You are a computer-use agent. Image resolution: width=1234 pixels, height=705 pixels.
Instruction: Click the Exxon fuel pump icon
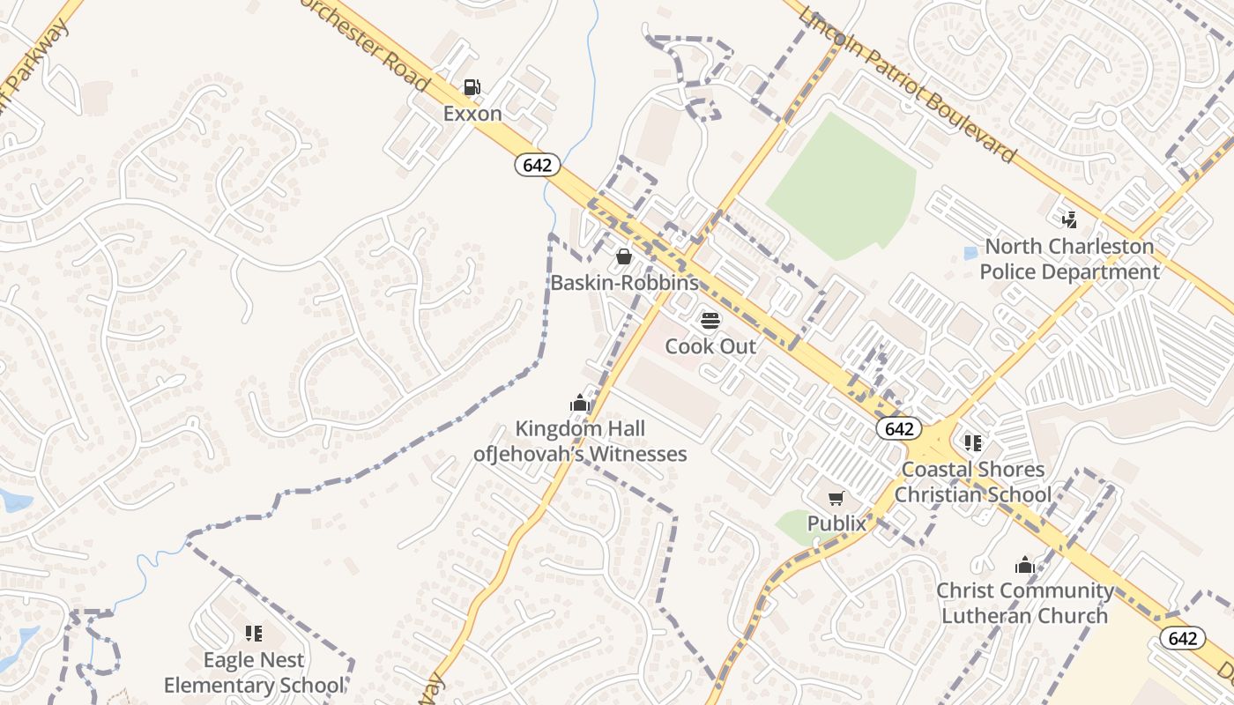coord(472,86)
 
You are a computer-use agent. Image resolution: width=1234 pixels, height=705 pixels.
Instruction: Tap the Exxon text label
coord(472,114)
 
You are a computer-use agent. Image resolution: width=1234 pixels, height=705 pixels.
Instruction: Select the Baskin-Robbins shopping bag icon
coord(624,256)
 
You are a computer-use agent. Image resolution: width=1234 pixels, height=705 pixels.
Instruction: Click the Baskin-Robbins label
coord(624,283)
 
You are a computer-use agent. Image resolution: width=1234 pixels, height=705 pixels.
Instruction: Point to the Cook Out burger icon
coord(710,320)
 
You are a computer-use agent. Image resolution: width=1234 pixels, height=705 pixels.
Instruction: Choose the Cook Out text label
coord(710,346)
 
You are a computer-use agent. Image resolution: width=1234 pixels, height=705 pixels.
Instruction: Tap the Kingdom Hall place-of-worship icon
coord(579,404)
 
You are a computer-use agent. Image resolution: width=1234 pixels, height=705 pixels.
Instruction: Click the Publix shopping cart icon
coord(836,499)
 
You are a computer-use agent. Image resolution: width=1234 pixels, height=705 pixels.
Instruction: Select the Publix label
coord(836,523)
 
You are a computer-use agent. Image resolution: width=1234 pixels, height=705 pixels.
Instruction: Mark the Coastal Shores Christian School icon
coord(973,442)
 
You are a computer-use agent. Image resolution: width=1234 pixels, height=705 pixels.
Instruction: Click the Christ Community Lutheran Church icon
coord(1024,565)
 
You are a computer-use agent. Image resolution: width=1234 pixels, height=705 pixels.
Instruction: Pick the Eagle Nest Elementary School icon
coord(254,633)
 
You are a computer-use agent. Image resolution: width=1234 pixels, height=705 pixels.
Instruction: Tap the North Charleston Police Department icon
coord(1069,219)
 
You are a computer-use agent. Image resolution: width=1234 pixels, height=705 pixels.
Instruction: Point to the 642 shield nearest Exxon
coord(538,165)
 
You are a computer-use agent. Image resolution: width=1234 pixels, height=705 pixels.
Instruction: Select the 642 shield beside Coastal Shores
coord(899,428)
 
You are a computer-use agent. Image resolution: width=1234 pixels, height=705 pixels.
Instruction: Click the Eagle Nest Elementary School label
coord(254,672)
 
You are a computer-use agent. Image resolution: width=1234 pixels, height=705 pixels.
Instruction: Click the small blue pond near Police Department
coord(970,253)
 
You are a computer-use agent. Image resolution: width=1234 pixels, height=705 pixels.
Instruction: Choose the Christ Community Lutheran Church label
coord(1024,603)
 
